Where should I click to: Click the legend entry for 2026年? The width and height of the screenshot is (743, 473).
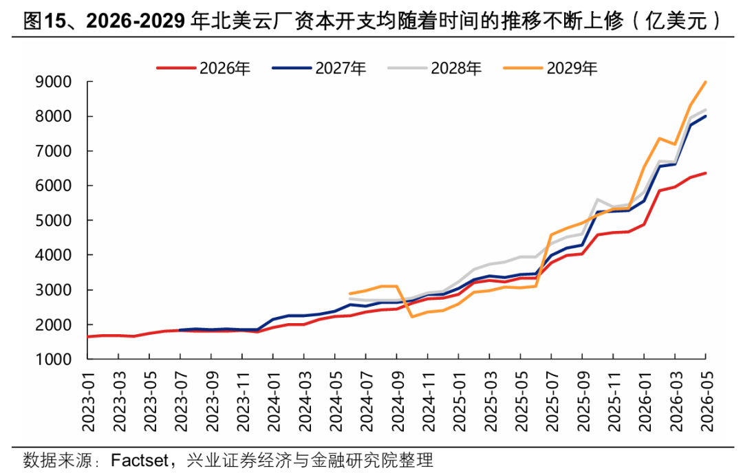[x=204, y=68]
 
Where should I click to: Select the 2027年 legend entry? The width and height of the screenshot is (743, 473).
[x=319, y=68]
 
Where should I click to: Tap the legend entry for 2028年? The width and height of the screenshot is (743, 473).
[x=435, y=68]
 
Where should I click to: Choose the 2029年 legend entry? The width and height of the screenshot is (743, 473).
[x=550, y=68]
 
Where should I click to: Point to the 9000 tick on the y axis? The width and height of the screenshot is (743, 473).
[x=54, y=82]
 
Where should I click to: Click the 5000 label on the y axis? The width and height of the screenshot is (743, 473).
[x=54, y=221]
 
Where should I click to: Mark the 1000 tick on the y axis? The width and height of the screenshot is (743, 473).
[x=54, y=360]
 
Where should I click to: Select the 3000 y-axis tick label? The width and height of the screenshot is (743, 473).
[x=54, y=289]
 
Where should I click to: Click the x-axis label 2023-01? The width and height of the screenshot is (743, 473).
[x=88, y=401]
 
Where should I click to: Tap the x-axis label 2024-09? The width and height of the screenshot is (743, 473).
[x=397, y=401]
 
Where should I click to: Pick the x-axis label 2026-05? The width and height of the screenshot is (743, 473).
[x=706, y=401]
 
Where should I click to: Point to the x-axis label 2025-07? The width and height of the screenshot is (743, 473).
[x=552, y=401]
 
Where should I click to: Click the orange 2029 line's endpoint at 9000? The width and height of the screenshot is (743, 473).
[x=706, y=82]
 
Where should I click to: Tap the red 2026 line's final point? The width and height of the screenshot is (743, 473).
[x=706, y=173]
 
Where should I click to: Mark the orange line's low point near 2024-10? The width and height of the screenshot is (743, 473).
[x=412, y=316]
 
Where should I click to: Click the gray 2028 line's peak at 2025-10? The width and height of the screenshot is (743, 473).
[x=598, y=200]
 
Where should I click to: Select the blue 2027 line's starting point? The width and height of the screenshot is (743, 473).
[x=180, y=330]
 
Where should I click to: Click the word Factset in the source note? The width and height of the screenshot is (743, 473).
[x=140, y=460]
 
